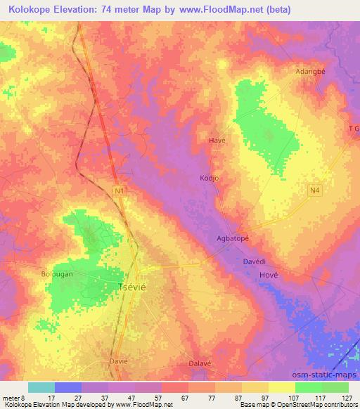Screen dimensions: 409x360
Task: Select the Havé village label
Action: tap(217, 141)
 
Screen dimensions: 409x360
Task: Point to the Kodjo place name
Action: tap(210, 178)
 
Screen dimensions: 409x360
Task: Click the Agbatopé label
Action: tap(233, 238)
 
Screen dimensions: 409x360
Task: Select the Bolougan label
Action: tap(57, 274)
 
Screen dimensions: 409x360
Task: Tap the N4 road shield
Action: tap(314, 190)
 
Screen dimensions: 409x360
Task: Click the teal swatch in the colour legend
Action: tap(41, 387)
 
